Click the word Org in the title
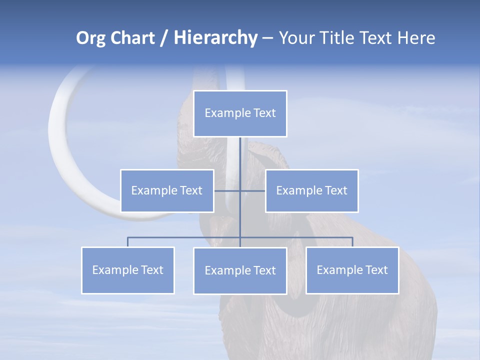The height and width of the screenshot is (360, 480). click(x=90, y=38)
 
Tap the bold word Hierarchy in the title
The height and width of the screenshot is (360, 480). click(x=215, y=38)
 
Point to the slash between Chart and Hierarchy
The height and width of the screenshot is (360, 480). click(x=164, y=38)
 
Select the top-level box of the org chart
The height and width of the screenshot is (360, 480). click(x=240, y=113)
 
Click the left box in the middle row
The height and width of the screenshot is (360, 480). click(x=167, y=190)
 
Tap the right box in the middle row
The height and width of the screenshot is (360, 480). click(x=311, y=190)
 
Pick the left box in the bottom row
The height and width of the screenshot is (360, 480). click(x=127, y=270)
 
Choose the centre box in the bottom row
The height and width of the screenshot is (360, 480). click(x=240, y=270)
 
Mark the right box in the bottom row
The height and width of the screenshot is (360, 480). click(x=352, y=270)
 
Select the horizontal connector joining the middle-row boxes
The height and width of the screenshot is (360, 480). click(x=227, y=190)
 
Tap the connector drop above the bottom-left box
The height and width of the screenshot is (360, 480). click(x=128, y=242)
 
